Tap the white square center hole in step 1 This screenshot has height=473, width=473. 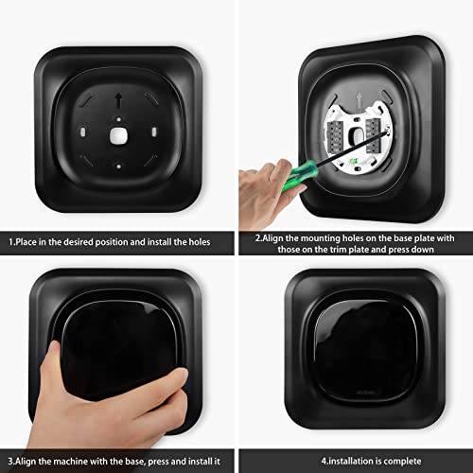117,135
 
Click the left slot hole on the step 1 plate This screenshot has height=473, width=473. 84,130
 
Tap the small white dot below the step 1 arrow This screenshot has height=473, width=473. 118,118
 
